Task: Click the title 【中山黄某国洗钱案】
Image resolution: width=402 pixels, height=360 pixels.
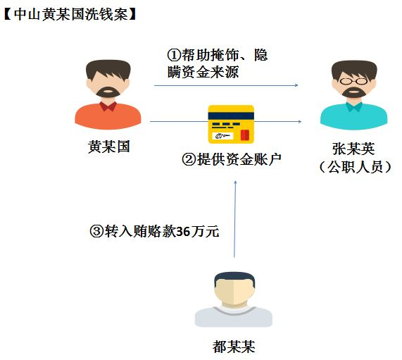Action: [70, 14]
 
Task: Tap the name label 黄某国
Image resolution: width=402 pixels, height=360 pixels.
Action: [108, 147]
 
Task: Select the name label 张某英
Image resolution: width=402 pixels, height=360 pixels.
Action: [353, 149]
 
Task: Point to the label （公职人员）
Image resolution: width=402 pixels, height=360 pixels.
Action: [355, 167]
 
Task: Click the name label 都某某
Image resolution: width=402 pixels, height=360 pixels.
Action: [234, 347]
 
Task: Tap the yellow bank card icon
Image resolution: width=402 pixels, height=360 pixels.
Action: [231, 124]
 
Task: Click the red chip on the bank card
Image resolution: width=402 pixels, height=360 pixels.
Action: [245, 135]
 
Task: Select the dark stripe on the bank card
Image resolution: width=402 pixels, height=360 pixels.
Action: [231, 116]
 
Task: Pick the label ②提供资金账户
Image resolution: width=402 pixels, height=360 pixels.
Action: [232, 159]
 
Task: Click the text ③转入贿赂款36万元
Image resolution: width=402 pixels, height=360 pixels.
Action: [154, 231]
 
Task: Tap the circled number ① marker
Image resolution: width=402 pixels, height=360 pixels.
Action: [174, 55]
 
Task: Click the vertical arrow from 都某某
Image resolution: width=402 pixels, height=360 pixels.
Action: [234, 219]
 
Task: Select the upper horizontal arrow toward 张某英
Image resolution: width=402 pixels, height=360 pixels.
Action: [226, 85]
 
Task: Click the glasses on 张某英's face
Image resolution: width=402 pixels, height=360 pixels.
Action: [354, 81]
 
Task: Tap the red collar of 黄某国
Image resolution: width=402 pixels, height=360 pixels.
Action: [108, 106]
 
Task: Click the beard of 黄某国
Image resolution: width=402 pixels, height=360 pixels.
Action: [108, 92]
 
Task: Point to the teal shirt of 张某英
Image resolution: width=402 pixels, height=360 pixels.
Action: [354, 117]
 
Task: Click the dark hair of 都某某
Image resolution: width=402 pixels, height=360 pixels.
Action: [234, 278]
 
